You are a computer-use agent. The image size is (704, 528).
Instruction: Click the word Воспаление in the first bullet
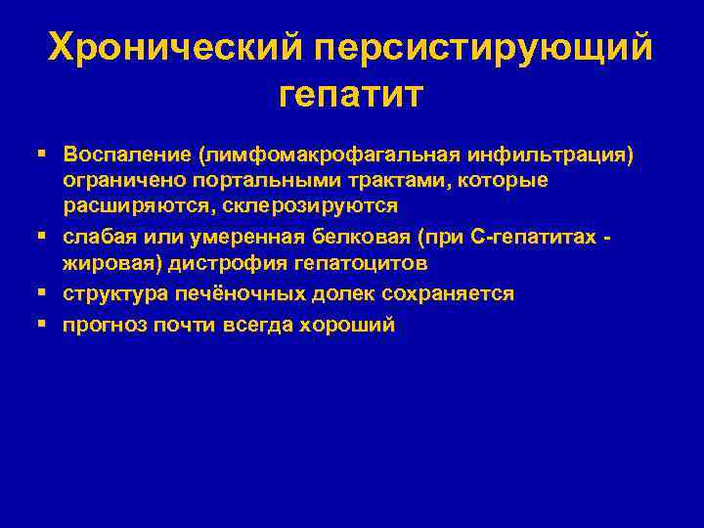(x=127, y=154)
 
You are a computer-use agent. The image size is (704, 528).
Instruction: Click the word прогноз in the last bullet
(x=104, y=325)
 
